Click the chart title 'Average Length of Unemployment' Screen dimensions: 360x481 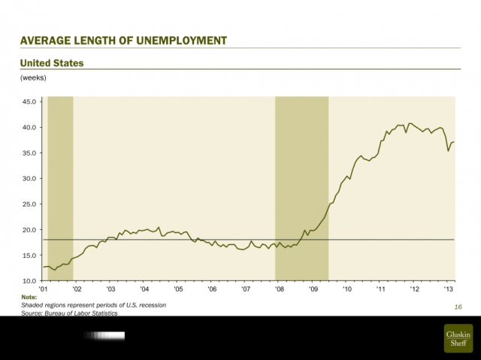tap(123, 40)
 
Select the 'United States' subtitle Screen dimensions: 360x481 tap(52, 63)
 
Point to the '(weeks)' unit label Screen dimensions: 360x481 tap(34, 77)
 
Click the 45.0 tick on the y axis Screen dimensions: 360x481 tap(30, 102)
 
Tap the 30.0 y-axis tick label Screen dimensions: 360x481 tap(30, 179)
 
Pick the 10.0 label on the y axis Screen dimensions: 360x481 tap(30, 280)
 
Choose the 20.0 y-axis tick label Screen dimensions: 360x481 tap(30, 230)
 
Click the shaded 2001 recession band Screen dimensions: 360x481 tap(60, 188)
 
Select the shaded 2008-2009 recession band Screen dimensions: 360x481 tap(302, 188)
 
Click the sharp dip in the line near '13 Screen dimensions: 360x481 tap(449, 150)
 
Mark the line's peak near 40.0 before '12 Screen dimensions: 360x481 tap(410, 123)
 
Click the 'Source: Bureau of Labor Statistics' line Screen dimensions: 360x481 tap(70, 313)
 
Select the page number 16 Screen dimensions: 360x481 tap(457, 307)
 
